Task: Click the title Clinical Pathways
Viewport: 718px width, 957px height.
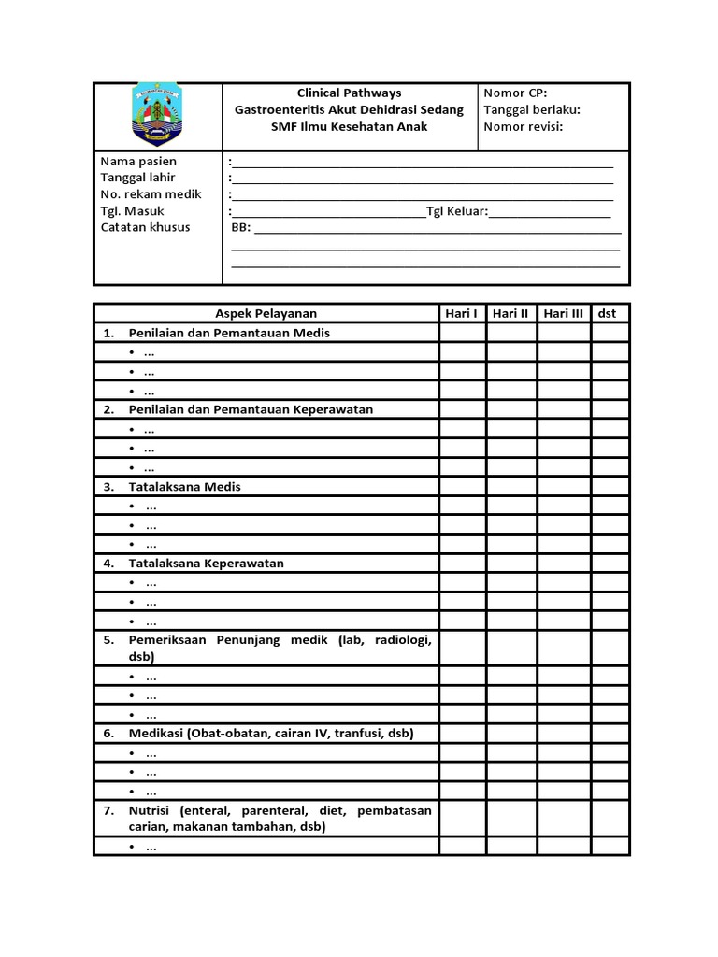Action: [349, 93]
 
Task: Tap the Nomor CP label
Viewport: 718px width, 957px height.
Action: [515, 93]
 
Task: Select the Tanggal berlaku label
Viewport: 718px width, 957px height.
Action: [532, 109]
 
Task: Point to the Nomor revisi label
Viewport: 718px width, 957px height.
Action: [523, 126]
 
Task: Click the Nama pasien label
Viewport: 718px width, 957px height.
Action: [138, 161]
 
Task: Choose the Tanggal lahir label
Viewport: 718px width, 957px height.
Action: [138, 178]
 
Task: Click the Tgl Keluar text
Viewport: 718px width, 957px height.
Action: [456, 211]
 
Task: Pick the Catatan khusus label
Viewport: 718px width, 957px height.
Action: [145, 227]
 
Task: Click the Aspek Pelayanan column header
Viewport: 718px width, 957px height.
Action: [266, 313]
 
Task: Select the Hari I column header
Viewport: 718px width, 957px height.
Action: [462, 313]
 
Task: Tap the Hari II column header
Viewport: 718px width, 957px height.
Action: [510, 313]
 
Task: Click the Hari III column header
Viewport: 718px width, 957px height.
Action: [564, 313]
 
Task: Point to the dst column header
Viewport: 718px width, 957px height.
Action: [608, 313]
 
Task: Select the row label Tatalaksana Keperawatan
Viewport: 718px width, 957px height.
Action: [206, 564]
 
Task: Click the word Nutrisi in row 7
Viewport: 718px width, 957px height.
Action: [150, 810]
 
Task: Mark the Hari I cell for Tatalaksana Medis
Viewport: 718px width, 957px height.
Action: [462, 487]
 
